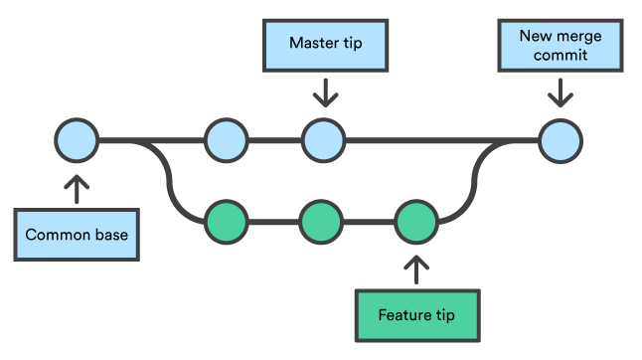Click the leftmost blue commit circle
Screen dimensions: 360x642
pos(77,140)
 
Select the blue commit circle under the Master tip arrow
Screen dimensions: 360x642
pos(322,140)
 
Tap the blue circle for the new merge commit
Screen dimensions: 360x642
pos(561,140)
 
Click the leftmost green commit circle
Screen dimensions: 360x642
pos(226,221)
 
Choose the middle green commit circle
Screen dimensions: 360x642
pos(320,221)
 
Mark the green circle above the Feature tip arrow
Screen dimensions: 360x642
pos(415,221)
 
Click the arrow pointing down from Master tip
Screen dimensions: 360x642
pos(323,94)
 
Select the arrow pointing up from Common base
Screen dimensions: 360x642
pos(77,188)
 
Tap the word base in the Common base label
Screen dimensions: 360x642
pos(113,236)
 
